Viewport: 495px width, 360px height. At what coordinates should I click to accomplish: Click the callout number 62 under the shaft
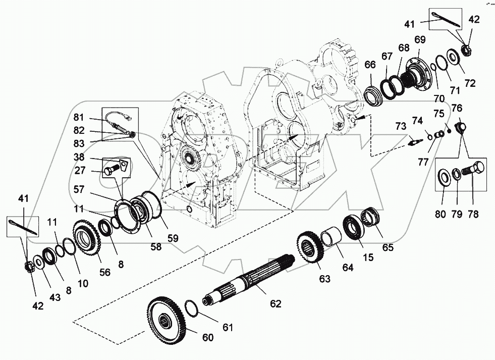coord(275,303)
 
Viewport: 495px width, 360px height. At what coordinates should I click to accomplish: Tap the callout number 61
coord(229,328)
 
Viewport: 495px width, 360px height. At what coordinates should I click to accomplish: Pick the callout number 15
coord(368,257)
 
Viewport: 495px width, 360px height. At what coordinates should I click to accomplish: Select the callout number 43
coord(54,297)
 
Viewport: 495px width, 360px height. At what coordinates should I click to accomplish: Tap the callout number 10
coord(82,284)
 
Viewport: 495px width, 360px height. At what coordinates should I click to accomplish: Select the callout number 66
coord(370,65)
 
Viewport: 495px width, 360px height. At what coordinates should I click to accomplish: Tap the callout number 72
coord(470,83)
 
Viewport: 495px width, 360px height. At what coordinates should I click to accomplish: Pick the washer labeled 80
coord(443,177)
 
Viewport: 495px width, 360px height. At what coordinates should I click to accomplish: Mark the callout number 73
coord(400,126)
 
